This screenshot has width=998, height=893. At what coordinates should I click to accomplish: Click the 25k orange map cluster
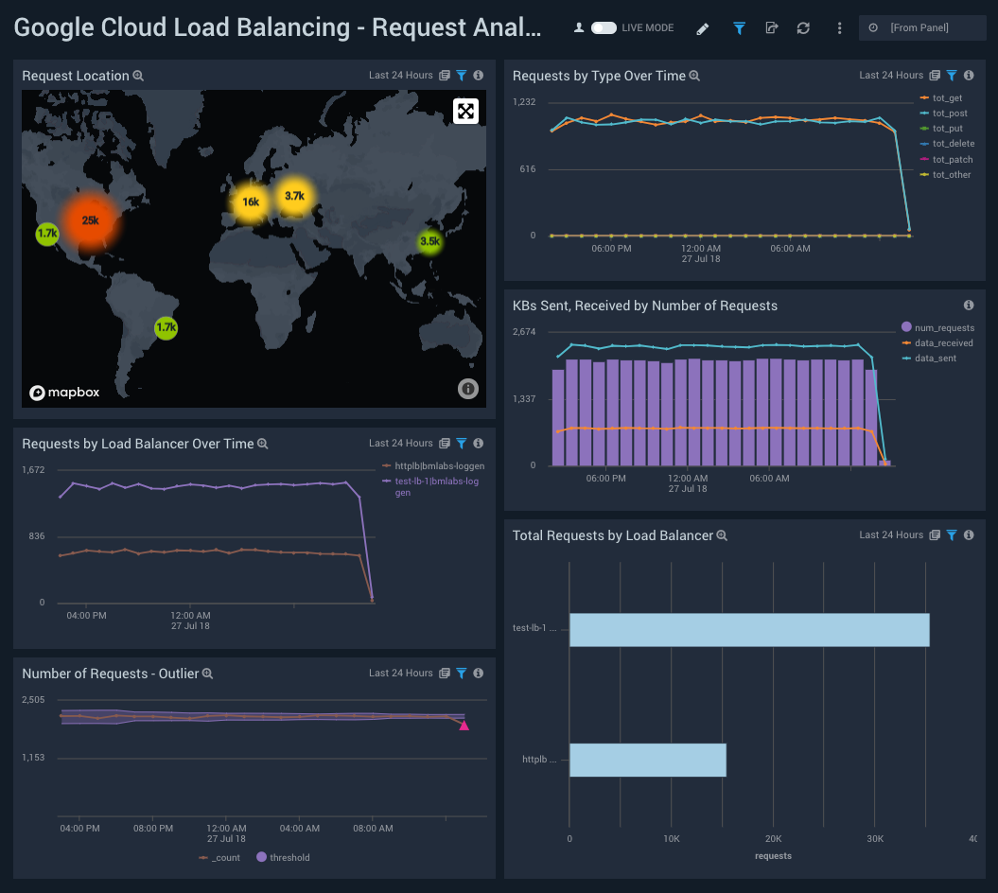tap(90, 220)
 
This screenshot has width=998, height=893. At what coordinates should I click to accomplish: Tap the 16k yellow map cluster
tap(250, 201)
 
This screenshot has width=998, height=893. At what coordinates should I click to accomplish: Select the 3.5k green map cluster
tap(429, 241)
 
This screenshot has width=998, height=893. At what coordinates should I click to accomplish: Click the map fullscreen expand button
tap(465, 112)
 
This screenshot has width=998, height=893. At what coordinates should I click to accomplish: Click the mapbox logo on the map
tap(64, 392)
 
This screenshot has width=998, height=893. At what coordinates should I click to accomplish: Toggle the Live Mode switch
tap(604, 28)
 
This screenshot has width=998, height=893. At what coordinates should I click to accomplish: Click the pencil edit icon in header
tap(702, 28)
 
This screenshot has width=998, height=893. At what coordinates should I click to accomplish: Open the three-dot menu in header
tap(839, 28)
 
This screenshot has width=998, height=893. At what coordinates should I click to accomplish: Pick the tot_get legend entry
tap(947, 98)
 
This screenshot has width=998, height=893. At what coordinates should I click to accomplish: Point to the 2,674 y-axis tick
tap(525, 332)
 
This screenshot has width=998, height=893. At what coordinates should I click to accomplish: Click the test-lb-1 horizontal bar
tap(749, 630)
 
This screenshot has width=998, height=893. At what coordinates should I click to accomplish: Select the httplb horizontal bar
tap(648, 761)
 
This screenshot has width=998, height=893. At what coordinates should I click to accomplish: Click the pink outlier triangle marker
tap(464, 726)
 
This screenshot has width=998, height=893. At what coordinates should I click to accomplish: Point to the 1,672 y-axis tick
tap(33, 470)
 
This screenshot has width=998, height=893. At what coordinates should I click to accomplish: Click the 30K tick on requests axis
tap(875, 838)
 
